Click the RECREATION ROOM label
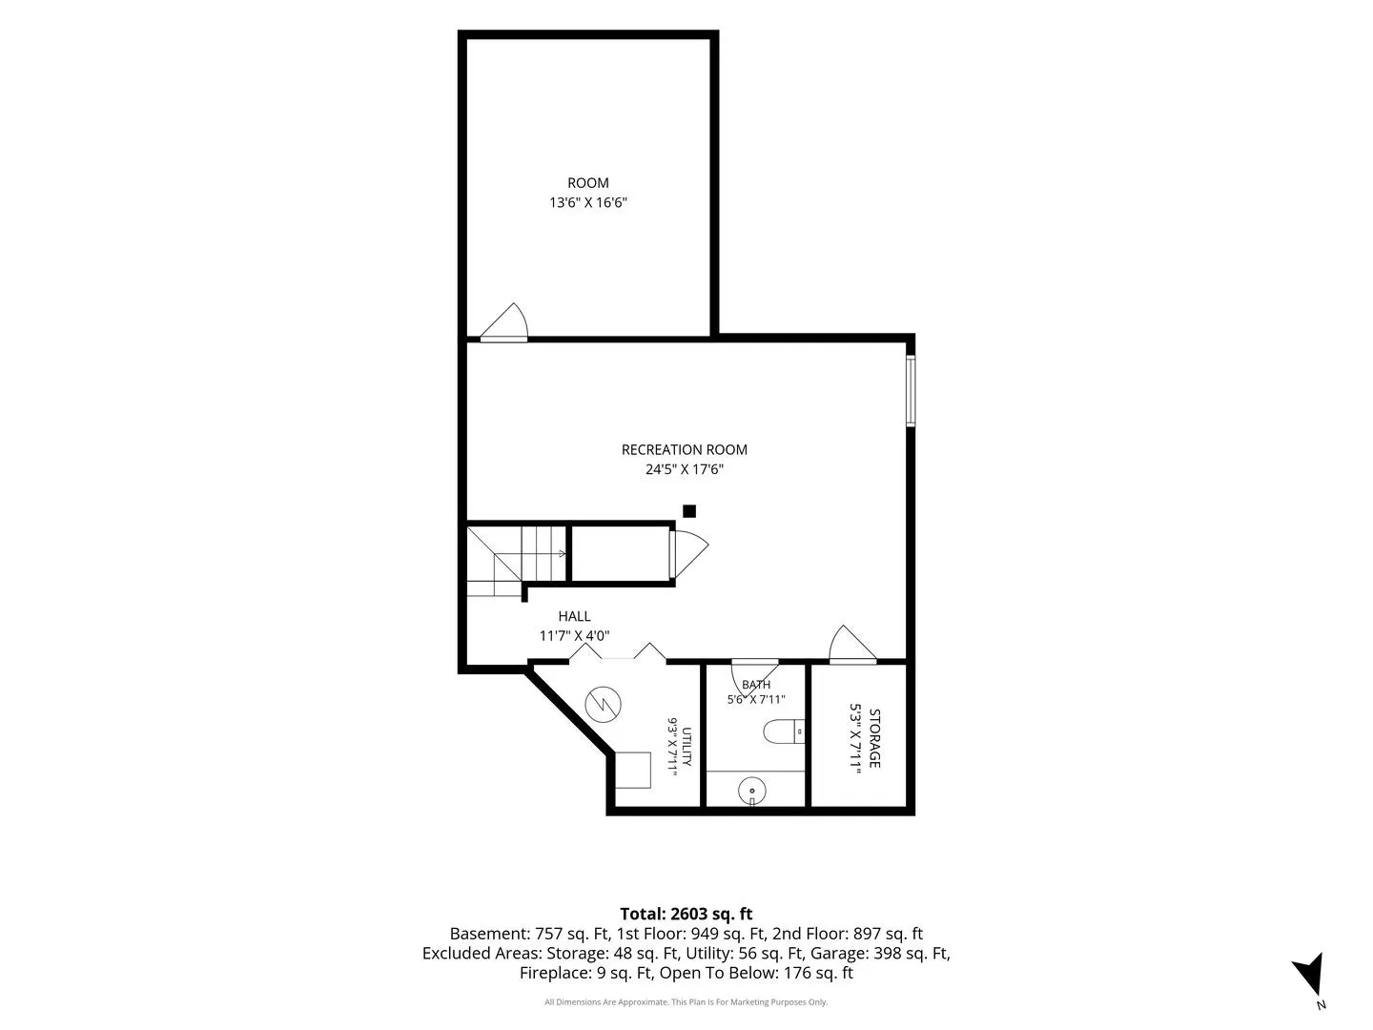click(684, 449)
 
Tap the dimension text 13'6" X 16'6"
click(588, 202)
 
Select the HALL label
click(574, 617)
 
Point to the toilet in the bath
click(784, 731)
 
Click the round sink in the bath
click(752, 792)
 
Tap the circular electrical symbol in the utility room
click(603, 705)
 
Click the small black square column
click(689, 511)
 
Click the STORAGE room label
click(874, 738)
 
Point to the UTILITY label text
click(686, 746)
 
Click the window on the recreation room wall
click(911, 391)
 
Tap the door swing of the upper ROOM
click(504, 322)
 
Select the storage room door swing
click(852, 643)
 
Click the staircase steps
click(517, 561)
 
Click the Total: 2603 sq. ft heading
click(686, 915)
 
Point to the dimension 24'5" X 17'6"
click(685, 469)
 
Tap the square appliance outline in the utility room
click(633, 770)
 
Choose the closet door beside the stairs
click(688, 554)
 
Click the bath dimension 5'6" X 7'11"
click(755, 699)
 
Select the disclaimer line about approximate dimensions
click(686, 1001)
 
